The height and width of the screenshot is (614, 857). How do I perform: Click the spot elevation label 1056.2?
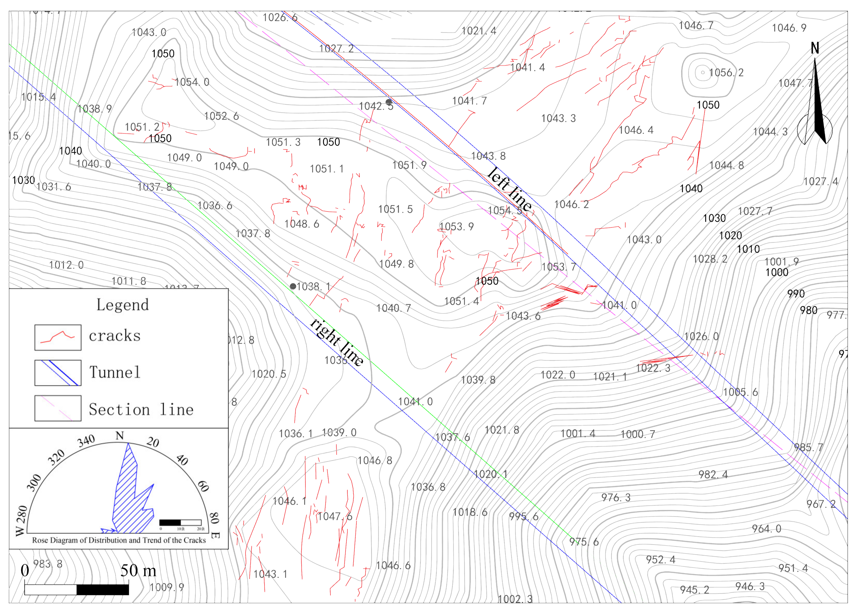pos(726,73)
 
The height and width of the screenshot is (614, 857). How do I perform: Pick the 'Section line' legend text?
pos(141,410)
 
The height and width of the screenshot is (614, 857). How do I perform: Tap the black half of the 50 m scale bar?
pos(102,590)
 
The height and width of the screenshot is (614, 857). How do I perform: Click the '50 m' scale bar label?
pos(138,570)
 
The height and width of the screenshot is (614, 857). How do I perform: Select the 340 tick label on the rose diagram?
pos(86,441)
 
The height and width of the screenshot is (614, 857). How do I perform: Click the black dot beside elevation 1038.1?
pos(293,286)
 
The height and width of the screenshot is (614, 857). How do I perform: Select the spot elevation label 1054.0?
pos(192,82)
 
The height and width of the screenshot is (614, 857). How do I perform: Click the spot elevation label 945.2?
pos(694,590)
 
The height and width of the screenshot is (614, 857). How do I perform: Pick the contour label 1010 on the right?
pos(748,249)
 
